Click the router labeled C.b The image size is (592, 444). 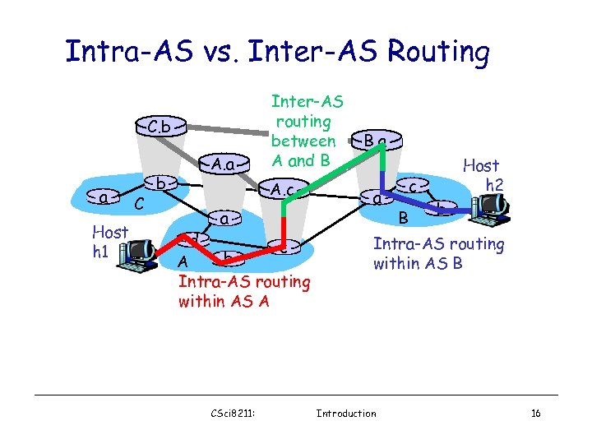pyautogui.click(x=160, y=127)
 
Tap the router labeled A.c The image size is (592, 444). pyautogui.click(x=284, y=191)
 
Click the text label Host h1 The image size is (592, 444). pyautogui.click(x=109, y=242)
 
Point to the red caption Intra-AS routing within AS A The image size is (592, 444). pyautogui.click(x=244, y=292)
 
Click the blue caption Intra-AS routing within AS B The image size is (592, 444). pyautogui.click(x=438, y=253)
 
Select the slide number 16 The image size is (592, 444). pyautogui.click(x=535, y=413)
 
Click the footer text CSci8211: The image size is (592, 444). pyautogui.click(x=235, y=413)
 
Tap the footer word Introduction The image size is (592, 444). pyautogui.click(x=346, y=413)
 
